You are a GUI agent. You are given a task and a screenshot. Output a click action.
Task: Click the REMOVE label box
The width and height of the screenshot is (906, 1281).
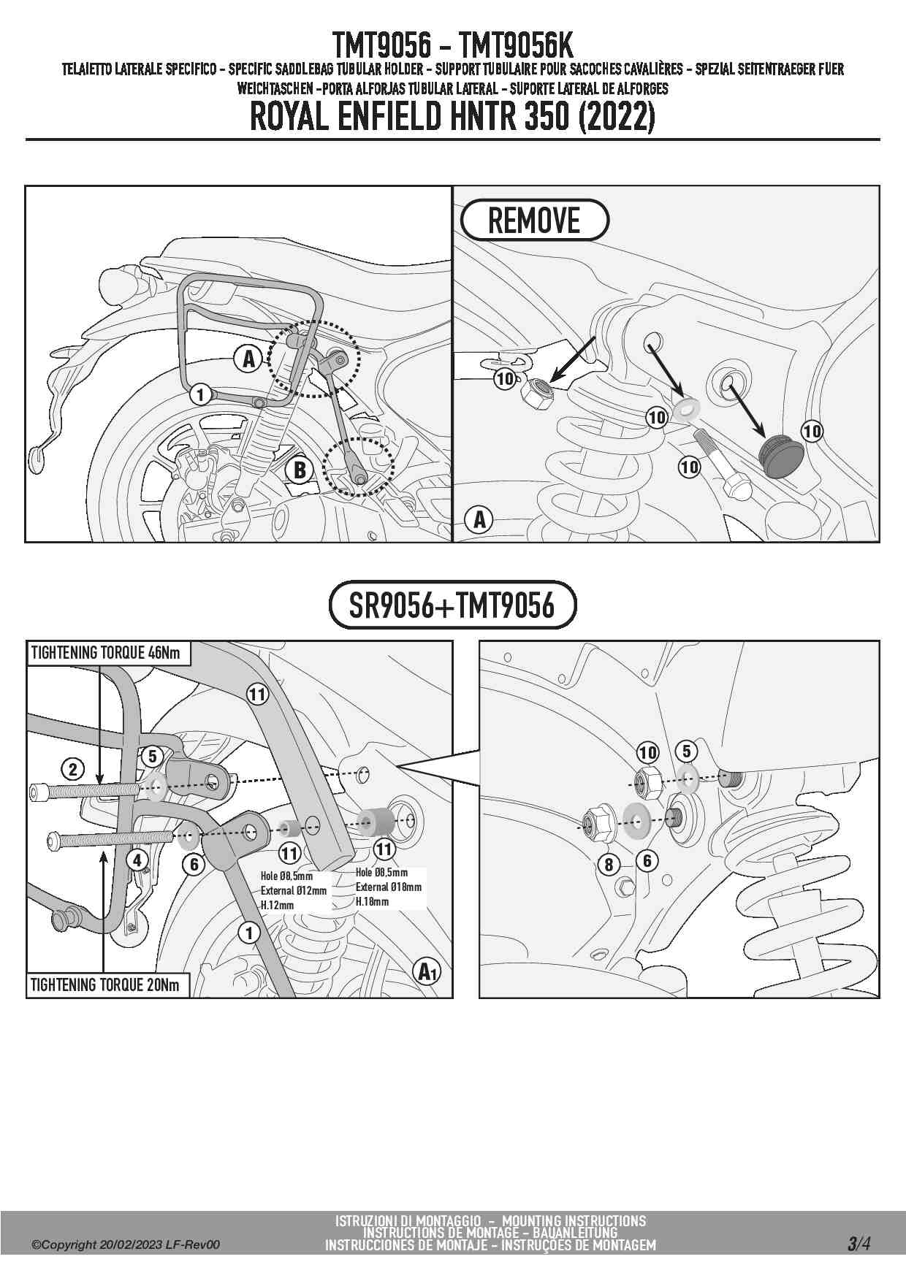(x=534, y=220)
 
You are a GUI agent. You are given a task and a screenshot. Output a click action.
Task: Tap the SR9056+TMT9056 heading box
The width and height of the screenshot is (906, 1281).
(x=452, y=605)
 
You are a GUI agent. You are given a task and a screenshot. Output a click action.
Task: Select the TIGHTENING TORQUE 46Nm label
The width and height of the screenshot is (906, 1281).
(x=107, y=653)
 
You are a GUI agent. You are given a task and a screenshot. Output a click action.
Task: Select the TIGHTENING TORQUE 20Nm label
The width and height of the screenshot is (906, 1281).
(x=107, y=985)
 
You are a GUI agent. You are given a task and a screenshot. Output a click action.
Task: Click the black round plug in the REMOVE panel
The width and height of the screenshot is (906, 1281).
(x=781, y=456)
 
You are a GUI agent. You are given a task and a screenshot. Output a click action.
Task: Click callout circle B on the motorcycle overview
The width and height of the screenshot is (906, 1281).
(x=300, y=470)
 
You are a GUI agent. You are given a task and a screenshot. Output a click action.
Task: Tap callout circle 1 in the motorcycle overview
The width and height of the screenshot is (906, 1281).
(x=201, y=395)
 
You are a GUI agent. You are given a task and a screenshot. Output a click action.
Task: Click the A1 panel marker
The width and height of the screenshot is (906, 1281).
(x=427, y=972)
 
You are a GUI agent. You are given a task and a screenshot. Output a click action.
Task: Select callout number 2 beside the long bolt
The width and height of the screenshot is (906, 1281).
(x=72, y=769)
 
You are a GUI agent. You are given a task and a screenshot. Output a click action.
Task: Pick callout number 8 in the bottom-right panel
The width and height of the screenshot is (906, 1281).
(x=609, y=865)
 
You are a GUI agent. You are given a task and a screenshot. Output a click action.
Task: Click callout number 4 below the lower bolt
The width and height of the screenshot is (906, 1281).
(x=137, y=860)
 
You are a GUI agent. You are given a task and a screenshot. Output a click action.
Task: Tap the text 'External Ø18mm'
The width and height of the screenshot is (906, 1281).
(x=389, y=887)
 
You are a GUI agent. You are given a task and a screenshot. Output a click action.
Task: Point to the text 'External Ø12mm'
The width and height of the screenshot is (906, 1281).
(x=294, y=890)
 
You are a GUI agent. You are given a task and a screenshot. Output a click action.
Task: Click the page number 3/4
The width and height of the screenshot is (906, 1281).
(x=859, y=1243)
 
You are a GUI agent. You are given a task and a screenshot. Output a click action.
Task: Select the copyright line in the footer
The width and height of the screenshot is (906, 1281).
(x=125, y=1245)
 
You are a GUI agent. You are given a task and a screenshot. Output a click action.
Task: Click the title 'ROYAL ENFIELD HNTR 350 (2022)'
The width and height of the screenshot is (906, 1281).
(x=452, y=117)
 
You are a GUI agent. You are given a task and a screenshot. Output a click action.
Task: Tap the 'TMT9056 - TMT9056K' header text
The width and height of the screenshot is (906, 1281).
(x=452, y=45)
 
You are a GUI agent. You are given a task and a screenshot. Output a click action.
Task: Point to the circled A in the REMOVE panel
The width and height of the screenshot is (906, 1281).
(x=479, y=520)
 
